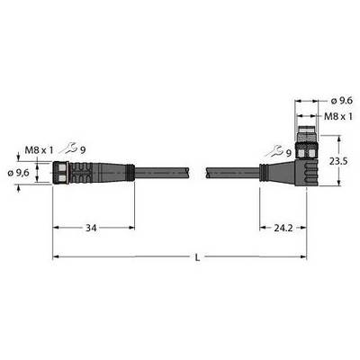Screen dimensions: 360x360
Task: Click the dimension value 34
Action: click(91, 229)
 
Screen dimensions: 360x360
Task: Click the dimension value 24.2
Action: click(283, 229)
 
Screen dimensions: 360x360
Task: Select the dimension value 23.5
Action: click(338, 161)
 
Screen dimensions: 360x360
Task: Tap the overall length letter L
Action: click(197, 257)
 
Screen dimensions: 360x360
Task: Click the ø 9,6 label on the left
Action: click(18, 173)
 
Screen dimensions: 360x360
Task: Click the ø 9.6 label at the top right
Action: click(341, 101)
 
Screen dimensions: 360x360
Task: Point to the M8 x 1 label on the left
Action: click(39, 149)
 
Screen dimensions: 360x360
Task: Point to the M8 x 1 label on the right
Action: click(338, 116)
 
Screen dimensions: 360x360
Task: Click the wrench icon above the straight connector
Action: click(69, 148)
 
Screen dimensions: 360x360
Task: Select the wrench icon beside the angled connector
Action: click(275, 151)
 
